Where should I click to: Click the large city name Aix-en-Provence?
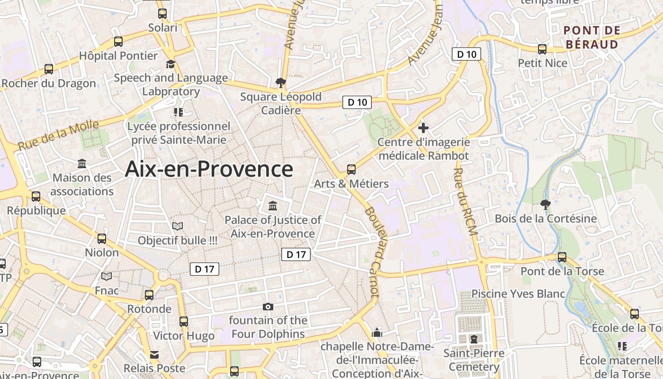click(x=209, y=169)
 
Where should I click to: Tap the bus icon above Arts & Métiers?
click(x=351, y=169)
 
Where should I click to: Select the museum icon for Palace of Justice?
click(x=273, y=206)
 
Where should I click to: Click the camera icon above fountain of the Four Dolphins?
click(x=268, y=307)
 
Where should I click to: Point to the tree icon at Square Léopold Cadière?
click(x=281, y=83)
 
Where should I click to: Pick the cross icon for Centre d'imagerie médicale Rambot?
click(x=423, y=127)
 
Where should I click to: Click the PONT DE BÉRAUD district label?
click(x=591, y=37)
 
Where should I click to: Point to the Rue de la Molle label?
click(x=59, y=135)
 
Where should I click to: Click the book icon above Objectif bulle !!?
click(x=178, y=226)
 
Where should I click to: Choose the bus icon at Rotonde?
click(x=149, y=295)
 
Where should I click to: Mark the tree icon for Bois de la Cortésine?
click(x=546, y=205)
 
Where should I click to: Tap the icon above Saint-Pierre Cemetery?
click(x=474, y=339)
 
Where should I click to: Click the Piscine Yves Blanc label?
click(x=518, y=294)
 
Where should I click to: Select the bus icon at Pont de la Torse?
click(x=562, y=257)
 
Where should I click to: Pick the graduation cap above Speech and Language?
click(x=170, y=64)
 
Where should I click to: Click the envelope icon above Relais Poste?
click(x=154, y=354)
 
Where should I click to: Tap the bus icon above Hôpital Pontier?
click(x=118, y=42)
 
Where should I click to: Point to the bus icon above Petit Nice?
click(x=542, y=49)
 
